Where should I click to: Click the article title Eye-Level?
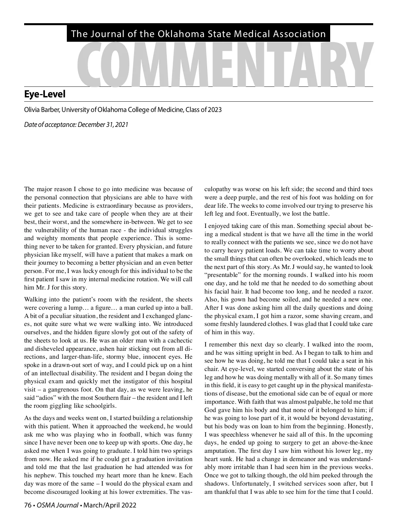tap(45, 94)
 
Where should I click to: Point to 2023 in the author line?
tap(214, 110)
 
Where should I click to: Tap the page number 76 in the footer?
tap(28, 505)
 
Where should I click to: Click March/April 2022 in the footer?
tap(110, 505)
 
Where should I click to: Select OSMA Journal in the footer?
tap(58, 505)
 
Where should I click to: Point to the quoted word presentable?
tap(221, 275)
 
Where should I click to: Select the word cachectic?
tap(179, 341)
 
